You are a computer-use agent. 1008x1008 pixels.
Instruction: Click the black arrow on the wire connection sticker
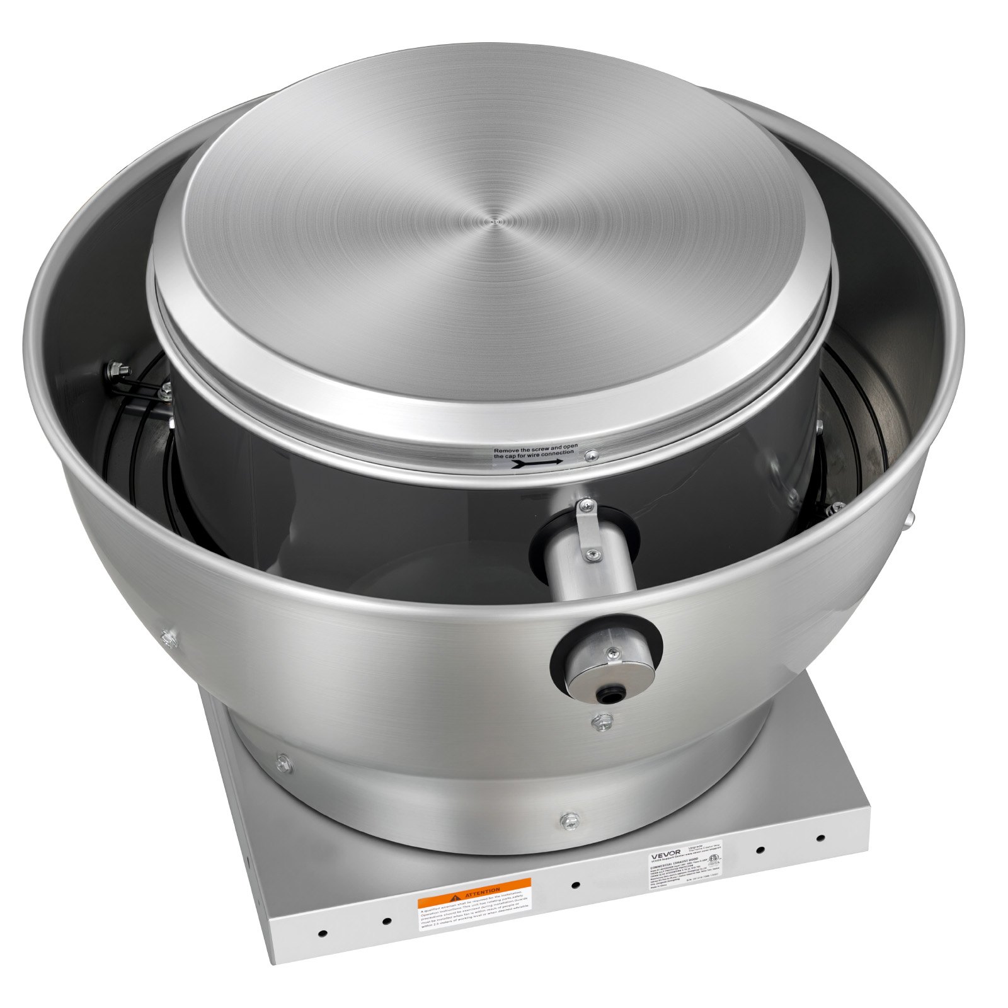pyautogui.click(x=539, y=462)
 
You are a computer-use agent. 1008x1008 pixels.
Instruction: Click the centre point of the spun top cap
pyautogui.click(x=497, y=221)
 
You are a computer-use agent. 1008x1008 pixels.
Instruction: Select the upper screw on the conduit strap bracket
pyautogui.click(x=585, y=504)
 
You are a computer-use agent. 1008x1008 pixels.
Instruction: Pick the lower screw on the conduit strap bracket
pyautogui.click(x=591, y=554)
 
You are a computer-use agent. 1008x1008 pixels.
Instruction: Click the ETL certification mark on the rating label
pyautogui.click(x=714, y=858)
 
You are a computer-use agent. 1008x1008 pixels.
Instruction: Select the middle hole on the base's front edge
pyautogui.click(x=575, y=885)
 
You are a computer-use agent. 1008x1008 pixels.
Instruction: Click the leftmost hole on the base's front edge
pyautogui.click(x=322, y=932)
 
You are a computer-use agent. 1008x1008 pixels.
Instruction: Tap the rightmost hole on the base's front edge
pyautogui.click(x=820, y=839)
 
